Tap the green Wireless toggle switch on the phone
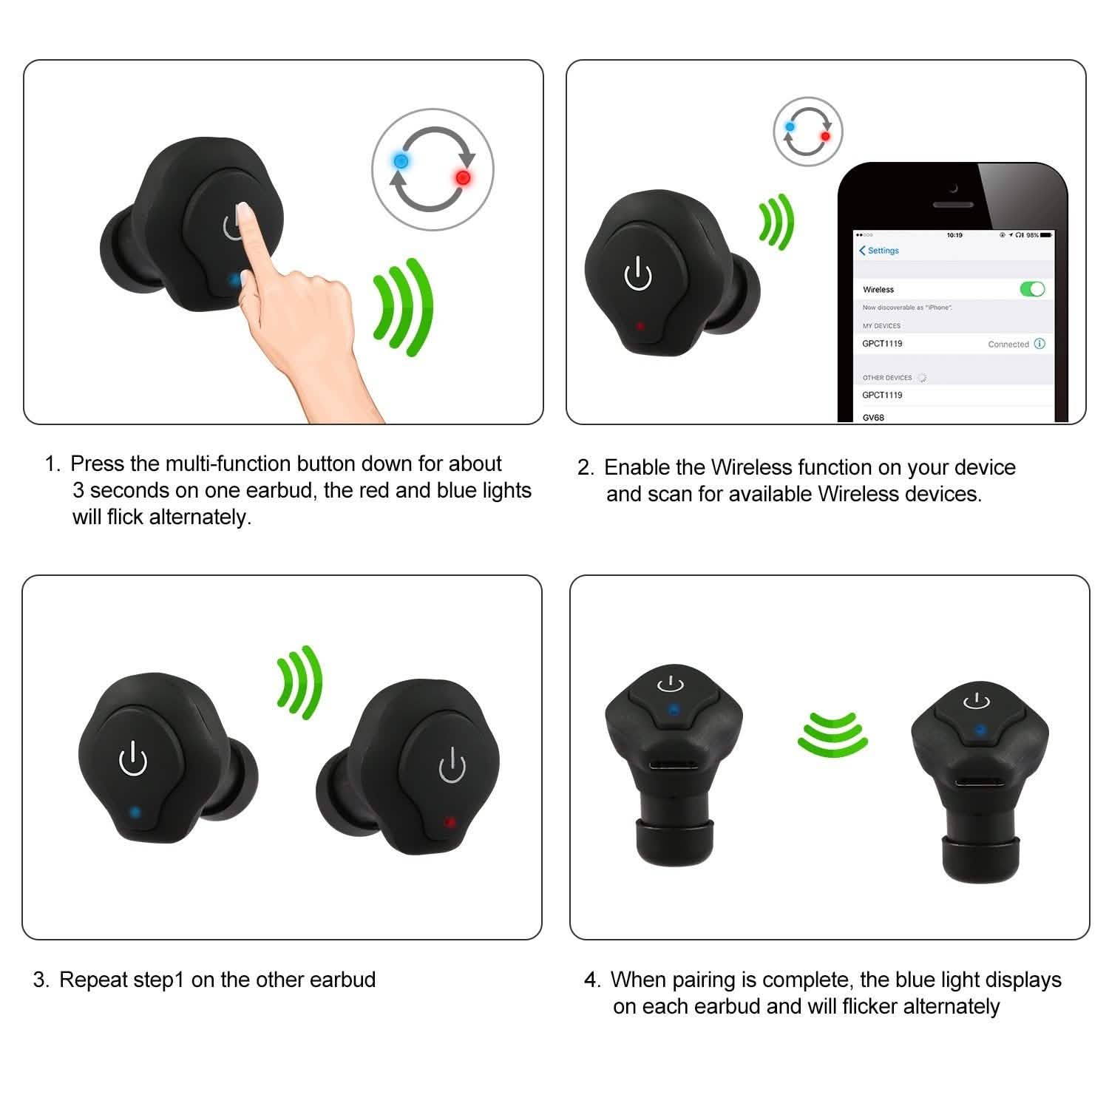click(1032, 288)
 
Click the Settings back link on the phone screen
click(879, 251)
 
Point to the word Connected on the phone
click(1008, 345)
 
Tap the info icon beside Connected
click(1040, 344)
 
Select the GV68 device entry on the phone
click(873, 417)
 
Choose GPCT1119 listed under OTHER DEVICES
click(882, 395)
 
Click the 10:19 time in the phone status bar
click(954, 235)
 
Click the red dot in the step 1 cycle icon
click(463, 177)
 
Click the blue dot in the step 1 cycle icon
click(401, 160)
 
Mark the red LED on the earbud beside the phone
click(640, 325)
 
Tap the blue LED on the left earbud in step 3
click(135, 812)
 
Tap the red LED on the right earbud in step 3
click(448, 821)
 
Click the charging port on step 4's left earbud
click(671, 767)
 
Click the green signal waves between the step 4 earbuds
click(832, 733)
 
